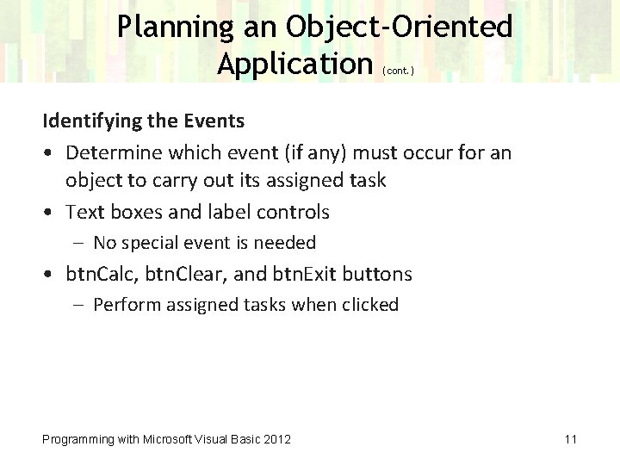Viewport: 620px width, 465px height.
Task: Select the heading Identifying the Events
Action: click(x=144, y=120)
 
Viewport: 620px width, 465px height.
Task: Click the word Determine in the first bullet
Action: click(x=111, y=153)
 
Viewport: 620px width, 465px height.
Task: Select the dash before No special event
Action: click(x=78, y=244)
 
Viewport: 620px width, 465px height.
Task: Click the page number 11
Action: click(x=570, y=439)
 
